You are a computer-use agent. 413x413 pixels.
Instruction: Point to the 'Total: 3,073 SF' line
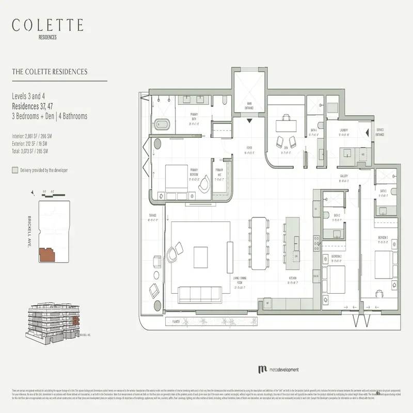click(30, 151)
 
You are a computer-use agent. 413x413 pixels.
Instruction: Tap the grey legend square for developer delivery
click(14, 170)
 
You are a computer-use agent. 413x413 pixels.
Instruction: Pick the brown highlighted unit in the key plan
click(47, 255)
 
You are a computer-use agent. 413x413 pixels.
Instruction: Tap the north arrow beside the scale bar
click(34, 192)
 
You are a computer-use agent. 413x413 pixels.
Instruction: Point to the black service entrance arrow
click(368, 132)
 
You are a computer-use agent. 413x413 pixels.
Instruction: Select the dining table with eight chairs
click(258, 243)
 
